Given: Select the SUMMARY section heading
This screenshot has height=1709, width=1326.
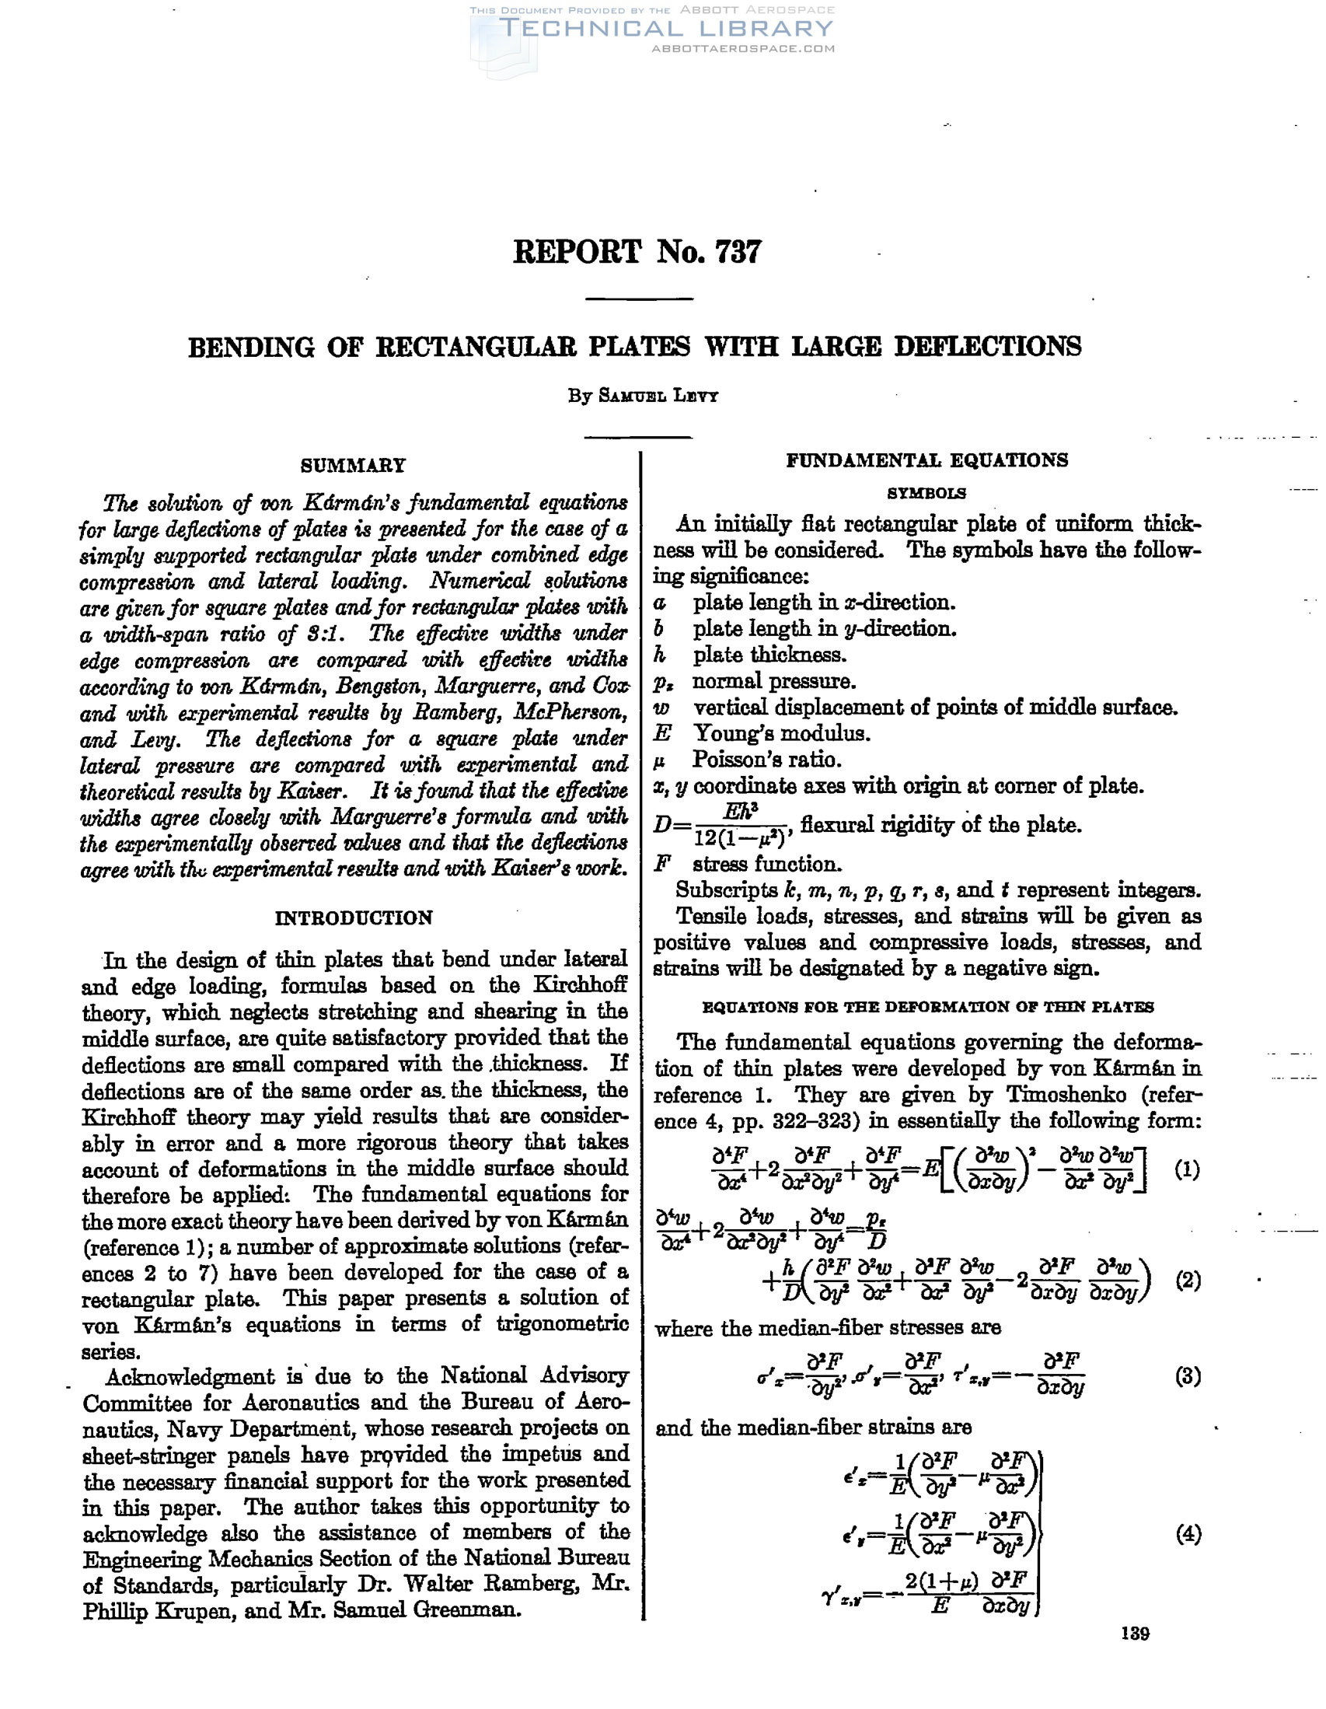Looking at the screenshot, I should click(354, 466).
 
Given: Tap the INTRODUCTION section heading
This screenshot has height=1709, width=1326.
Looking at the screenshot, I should click(354, 918).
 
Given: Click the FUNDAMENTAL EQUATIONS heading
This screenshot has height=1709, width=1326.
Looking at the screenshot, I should click(926, 460).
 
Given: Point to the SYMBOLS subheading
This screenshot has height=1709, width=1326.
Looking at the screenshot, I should click(926, 494).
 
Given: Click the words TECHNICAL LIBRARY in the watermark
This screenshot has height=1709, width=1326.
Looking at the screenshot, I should click(667, 29).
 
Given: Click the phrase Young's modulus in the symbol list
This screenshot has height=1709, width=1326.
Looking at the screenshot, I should click(781, 734).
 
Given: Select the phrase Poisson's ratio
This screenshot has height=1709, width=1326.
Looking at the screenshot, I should click(766, 760).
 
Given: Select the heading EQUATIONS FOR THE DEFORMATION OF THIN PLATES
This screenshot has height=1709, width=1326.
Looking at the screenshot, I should click(928, 1007).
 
